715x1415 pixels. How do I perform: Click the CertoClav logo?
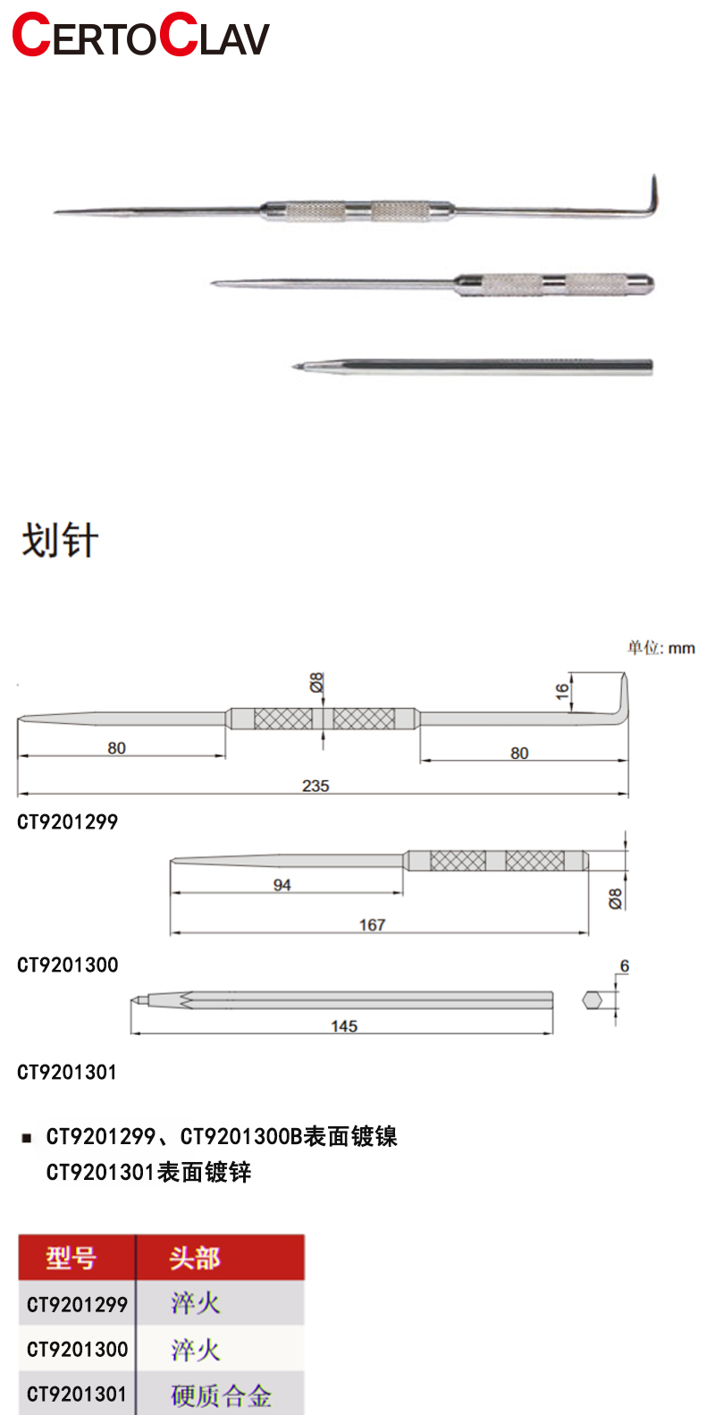click(141, 35)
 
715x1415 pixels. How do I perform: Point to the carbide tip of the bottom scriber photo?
click(296, 366)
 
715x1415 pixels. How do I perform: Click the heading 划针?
click(60, 541)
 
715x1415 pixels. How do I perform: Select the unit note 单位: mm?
click(660, 647)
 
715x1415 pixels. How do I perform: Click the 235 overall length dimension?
click(315, 786)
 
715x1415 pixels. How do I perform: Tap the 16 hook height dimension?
click(561, 692)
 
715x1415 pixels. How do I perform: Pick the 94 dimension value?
click(282, 885)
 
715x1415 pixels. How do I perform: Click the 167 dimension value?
click(372, 925)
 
